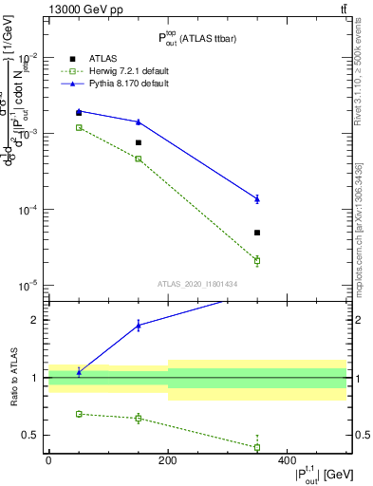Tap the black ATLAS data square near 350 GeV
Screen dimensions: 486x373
[x=257, y=233]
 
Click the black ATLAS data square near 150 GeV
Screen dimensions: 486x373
[x=139, y=142]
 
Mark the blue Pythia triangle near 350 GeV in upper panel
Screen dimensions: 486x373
[x=257, y=198]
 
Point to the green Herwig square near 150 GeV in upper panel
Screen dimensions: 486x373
[x=139, y=159]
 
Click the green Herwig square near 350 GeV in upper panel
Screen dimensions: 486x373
[x=257, y=260]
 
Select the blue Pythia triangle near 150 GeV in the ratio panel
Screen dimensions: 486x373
[x=139, y=326]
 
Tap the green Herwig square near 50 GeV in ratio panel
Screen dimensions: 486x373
[x=79, y=414]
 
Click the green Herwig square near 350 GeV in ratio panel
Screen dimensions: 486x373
[x=257, y=447]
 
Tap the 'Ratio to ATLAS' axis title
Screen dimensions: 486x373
[x=12, y=378]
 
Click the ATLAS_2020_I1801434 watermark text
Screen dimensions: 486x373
[x=197, y=284]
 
